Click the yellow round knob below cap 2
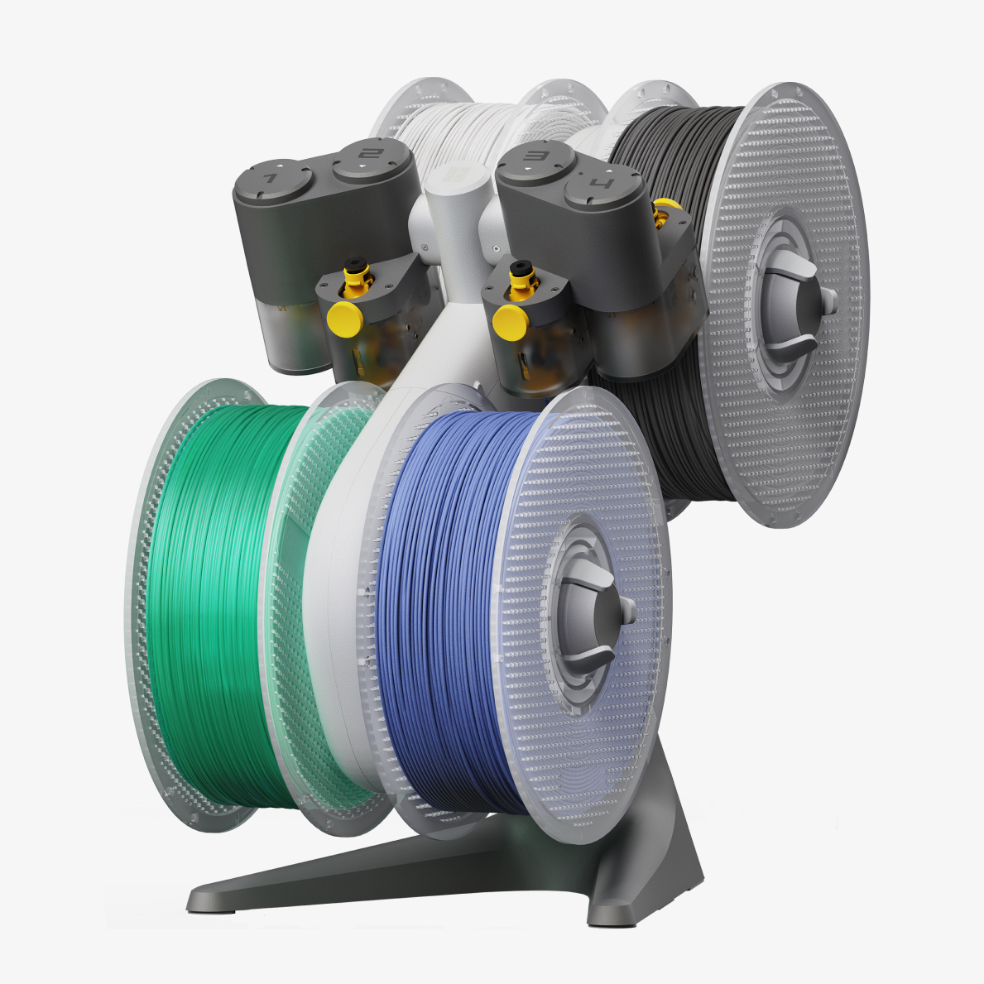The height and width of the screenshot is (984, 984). pyautogui.click(x=344, y=317)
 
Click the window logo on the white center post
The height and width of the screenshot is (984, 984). pyautogui.click(x=450, y=176)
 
